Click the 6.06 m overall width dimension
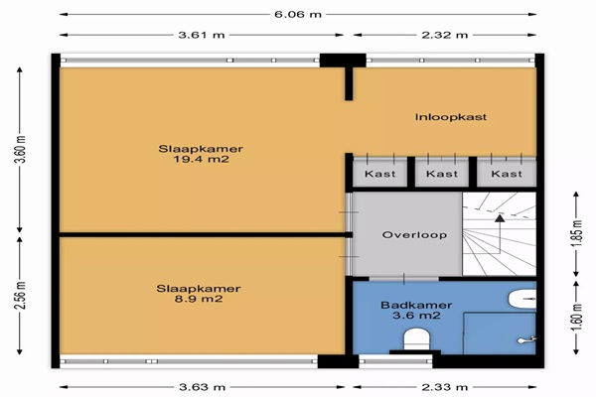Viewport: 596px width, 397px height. [298, 15]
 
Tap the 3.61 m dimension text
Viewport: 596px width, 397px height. [202, 35]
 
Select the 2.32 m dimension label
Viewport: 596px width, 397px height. [445, 35]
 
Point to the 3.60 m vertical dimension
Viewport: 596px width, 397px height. [21, 149]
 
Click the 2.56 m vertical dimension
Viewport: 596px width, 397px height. [21, 295]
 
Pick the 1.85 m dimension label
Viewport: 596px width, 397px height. [576, 233]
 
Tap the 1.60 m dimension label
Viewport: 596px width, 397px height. [576, 318]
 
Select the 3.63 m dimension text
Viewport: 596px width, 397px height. [203, 387]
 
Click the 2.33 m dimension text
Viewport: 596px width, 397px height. [445, 387]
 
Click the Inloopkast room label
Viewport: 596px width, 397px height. [451, 117]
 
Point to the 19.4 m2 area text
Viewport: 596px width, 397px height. [201, 159]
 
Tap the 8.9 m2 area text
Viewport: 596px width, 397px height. [199, 299]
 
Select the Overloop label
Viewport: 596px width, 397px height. [414, 235]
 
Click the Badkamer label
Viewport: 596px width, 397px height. [416, 305]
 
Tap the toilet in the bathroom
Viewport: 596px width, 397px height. [416, 340]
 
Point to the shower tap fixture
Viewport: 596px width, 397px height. [526, 339]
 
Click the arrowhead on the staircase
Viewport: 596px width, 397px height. [500, 218]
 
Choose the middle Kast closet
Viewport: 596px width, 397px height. [442, 174]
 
